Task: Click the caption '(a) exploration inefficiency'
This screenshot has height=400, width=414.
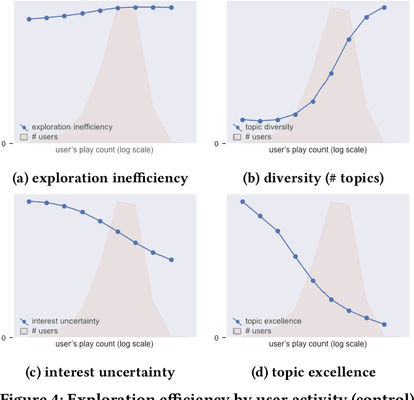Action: tap(100, 178)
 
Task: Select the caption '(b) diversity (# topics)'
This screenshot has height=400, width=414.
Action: tap(313, 178)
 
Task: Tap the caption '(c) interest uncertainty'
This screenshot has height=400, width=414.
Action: tap(100, 373)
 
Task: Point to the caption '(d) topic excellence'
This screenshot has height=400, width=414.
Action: tap(313, 373)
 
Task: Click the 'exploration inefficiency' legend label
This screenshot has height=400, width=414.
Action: tap(72, 127)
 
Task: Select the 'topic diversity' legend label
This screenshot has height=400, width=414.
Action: tap(269, 127)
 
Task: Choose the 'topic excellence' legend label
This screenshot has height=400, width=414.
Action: tap(273, 321)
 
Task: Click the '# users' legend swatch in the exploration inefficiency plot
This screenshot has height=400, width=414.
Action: tap(24, 137)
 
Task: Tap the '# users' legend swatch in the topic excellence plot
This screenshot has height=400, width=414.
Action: tap(237, 331)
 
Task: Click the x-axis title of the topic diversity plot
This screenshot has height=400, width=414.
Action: tap(318, 150)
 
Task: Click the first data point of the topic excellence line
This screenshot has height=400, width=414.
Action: tap(242, 201)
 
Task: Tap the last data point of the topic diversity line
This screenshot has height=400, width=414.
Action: tap(384, 8)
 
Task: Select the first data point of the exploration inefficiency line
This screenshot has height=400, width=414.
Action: tap(29, 19)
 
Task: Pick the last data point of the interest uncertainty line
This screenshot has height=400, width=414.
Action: tap(171, 259)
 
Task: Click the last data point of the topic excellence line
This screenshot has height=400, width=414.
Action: tap(384, 324)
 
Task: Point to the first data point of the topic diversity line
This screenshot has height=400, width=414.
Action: tap(242, 120)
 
